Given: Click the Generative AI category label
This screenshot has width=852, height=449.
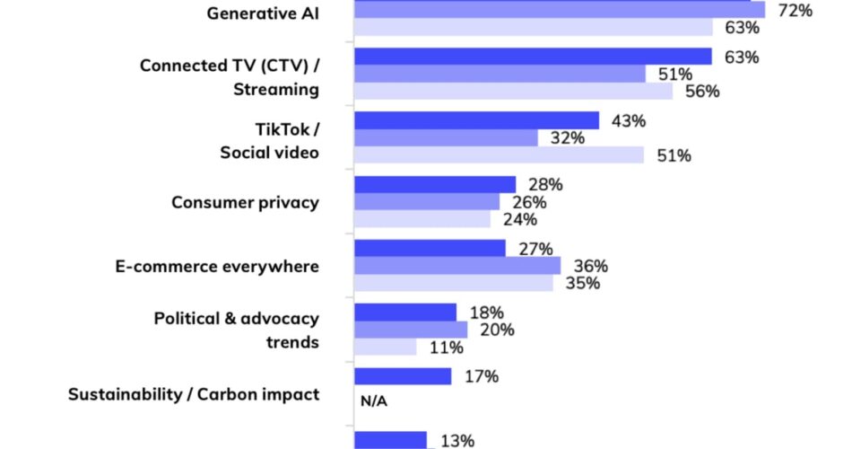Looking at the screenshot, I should tap(263, 13).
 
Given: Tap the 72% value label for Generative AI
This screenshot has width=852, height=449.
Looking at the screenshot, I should tap(794, 11).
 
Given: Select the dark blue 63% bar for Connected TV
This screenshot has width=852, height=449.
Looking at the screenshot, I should tap(533, 57).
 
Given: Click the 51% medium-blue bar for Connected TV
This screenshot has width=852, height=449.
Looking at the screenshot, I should tap(500, 74).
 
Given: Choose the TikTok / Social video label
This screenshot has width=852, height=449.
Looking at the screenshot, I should tap(270, 140).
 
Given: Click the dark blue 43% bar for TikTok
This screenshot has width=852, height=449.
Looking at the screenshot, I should tap(476, 120).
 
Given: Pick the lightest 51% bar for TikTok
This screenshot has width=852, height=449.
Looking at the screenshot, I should tap(499, 155).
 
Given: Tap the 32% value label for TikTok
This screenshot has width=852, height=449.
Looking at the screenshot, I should tap(566, 138).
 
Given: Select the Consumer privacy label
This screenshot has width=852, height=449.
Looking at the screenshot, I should tap(245, 202).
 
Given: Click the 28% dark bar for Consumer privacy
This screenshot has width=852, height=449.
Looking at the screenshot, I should tap(435, 184).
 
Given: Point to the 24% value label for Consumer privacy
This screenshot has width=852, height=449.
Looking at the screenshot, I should tap(519, 219).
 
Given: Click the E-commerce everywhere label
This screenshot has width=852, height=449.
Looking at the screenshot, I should tap(217, 266).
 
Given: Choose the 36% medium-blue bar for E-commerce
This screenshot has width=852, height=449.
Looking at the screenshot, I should tap(457, 266).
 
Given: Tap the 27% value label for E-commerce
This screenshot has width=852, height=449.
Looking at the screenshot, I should tap(535, 249).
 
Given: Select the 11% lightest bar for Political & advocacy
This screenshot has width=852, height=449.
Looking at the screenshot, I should tap(386, 347).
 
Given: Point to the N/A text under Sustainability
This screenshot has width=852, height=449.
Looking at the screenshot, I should tap(373, 401).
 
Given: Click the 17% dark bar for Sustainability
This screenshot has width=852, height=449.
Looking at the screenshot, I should tap(403, 376).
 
